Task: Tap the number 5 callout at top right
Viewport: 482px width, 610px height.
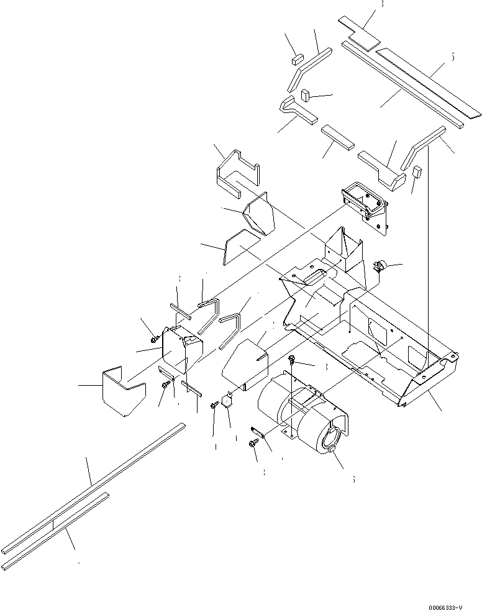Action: pyautogui.click(x=452, y=57)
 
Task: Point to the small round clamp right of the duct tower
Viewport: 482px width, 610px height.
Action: pyautogui.click(x=379, y=268)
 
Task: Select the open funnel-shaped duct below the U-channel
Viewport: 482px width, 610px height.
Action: pyautogui.click(x=258, y=214)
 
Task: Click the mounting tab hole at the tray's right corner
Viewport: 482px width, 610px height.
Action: pyautogui.click(x=455, y=356)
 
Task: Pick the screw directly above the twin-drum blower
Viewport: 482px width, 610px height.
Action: pyautogui.click(x=293, y=360)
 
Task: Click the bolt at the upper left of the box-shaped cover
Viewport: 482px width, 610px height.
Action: pyautogui.click(x=153, y=340)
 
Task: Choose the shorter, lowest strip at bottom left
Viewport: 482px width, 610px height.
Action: pyautogui.click(x=56, y=528)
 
